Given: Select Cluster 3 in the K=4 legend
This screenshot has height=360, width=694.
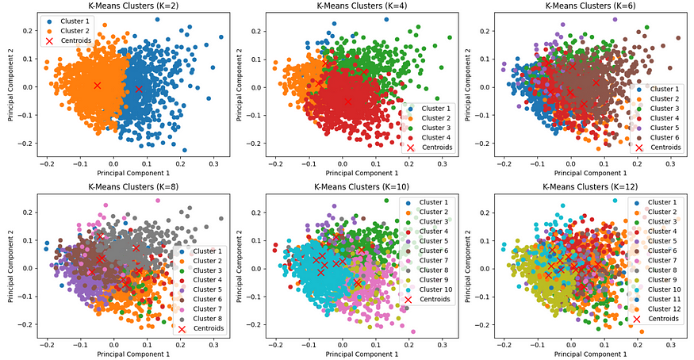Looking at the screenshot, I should [x=434, y=127].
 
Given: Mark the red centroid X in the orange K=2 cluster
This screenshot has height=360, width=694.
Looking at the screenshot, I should [x=97, y=85].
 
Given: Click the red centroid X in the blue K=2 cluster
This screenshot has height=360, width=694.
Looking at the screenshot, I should [x=139, y=90].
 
